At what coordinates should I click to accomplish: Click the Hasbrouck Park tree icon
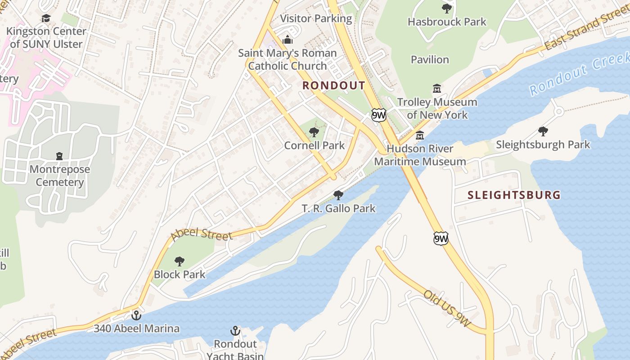(446, 8)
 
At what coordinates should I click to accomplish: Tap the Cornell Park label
(314, 145)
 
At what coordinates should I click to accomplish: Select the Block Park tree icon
(180, 261)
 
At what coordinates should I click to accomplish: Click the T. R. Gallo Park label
(338, 208)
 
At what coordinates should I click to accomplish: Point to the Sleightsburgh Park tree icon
(543, 131)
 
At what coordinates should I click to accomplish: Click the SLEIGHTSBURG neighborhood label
(514, 195)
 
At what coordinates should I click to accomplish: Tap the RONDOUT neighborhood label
(333, 85)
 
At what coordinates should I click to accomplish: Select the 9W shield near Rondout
(379, 115)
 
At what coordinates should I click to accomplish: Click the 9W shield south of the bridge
(441, 238)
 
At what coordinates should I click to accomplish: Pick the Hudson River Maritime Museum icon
(420, 135)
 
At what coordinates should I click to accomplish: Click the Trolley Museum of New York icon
(436, 88)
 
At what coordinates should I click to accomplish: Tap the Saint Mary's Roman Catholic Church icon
(287, 40)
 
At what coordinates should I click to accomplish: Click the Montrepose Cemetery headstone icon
(59, 156)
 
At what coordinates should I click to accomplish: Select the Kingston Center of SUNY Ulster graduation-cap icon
(46, 18)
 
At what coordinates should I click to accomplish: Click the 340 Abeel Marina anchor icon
(136, 315)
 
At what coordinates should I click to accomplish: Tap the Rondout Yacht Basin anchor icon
(234, 331)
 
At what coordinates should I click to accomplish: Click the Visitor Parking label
(316, 18)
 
